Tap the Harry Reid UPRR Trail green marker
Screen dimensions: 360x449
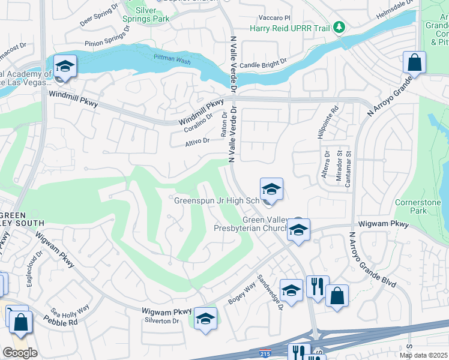(x=340, y=26)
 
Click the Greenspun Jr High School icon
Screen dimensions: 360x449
(x=271, y=189)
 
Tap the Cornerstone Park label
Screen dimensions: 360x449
(x=418, y=207)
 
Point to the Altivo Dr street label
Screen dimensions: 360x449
(x=197, y=142)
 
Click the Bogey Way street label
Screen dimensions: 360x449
(x=241, y=294)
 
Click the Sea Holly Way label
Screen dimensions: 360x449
(x=70, y=311)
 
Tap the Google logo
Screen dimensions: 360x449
(x=20, y=353)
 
